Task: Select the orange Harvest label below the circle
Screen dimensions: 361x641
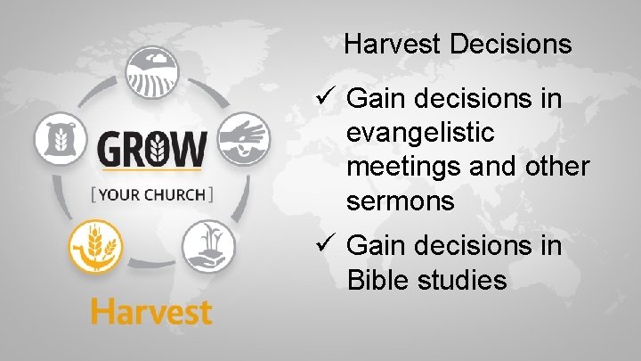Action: (150, 313)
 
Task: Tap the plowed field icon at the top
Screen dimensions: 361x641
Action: (151, 72)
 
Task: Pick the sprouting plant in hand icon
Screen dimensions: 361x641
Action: (208, 246)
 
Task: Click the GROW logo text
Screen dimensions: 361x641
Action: (151, 148)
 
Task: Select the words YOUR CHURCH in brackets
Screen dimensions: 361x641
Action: (151, 193)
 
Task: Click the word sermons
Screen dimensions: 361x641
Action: (401, 201)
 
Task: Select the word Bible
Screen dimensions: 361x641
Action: (376, 280)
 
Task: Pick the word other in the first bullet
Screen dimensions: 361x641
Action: (553, 168)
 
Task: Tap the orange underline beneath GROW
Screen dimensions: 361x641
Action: (151, 168)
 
